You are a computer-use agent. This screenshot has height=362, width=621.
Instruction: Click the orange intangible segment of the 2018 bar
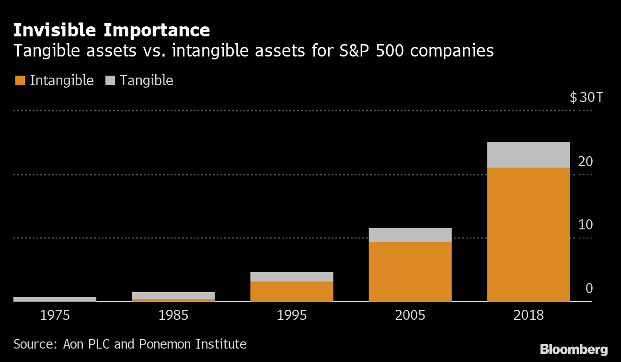tap(529, 234)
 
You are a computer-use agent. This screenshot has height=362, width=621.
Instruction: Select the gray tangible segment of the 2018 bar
tap(529, 155)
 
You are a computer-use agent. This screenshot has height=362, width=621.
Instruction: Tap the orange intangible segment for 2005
tap(410, 271)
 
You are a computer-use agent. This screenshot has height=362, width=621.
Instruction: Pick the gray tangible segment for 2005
tap(410, 235)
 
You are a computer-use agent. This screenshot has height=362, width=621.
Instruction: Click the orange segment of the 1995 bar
tap(291, 291)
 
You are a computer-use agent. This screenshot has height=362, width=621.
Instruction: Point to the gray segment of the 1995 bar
tap(291, 277)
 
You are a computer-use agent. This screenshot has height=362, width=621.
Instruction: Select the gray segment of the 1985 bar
tap(173, 295)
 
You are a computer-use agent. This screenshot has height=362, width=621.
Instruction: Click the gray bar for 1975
tap(55, 298)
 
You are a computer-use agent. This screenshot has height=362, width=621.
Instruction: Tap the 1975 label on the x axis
tap(55, 316)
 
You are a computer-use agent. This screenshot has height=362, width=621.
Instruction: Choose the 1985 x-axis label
tap(173, 316)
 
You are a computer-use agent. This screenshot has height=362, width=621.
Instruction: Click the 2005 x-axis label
tap(410, 316)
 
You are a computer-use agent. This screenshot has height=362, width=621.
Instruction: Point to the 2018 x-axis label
tap(529, 316)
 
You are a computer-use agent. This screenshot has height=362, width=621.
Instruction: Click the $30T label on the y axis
tap(586, 98)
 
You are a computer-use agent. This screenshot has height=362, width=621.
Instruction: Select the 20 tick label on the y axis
tap(586, 162)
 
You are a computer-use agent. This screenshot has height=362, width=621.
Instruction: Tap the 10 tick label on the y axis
tap(586, 225)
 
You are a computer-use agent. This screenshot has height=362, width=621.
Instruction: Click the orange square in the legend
tap(20, 80)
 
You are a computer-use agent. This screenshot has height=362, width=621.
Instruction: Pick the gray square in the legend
tap(110, 80)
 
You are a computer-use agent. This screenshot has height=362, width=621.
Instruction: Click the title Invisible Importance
tap(112, 30)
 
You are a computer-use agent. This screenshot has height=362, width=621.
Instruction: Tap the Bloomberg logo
tap(574, 349)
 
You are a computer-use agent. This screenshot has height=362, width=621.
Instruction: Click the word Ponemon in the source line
tap(162, 344)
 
